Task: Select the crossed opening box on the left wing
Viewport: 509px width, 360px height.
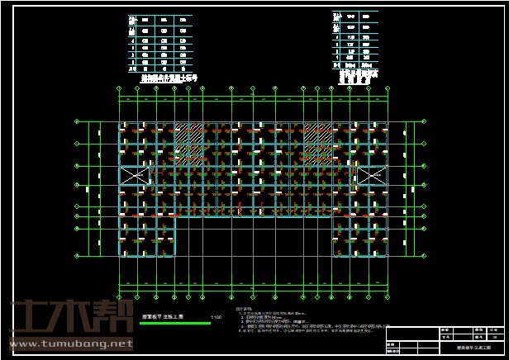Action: pyautogui.click(x=132, y=176)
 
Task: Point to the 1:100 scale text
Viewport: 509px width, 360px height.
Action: pyautogui.click(x=216, y=316)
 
